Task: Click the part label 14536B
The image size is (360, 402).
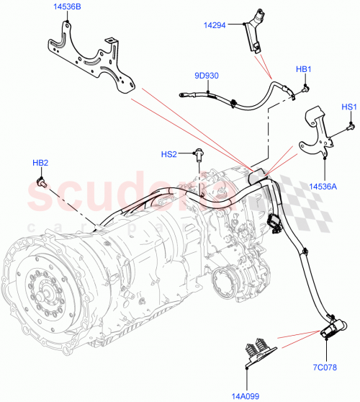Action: pos(67,8)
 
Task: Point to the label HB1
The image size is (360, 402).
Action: pos(303,69)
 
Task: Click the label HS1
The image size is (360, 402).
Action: pos(349,107)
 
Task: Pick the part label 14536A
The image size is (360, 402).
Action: pos(324,186)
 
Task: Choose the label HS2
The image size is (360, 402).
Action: pos(168,153)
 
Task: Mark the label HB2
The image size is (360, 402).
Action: pos(41,163)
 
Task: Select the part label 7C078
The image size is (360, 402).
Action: pos(325,366)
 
